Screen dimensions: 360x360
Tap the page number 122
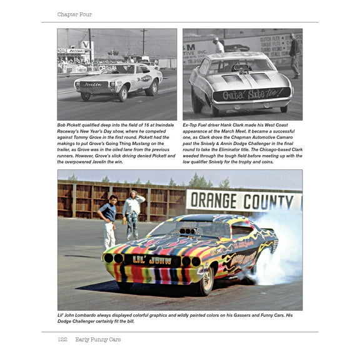62,339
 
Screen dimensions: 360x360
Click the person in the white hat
219,45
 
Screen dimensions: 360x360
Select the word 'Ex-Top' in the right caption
192,125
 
